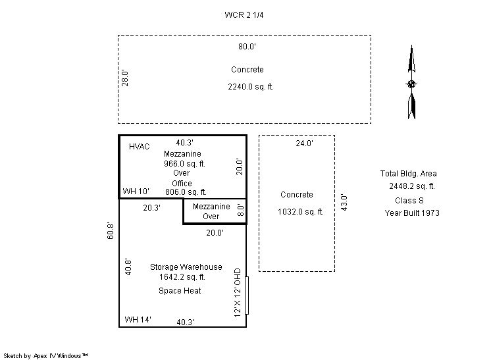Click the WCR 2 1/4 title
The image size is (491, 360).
pyautogui.click(x=244, y=15)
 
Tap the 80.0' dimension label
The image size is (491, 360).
pyautogui.click(x=247, y=47)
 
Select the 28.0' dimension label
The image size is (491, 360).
pyautogui.click(x=125, y=78)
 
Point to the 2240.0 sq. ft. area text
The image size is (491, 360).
pyautogui.click(x=251, y=87)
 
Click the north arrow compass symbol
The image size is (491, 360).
pyautogui.click(x=411, y=82)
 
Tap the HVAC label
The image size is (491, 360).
pyautogui.click(x=140, y=147)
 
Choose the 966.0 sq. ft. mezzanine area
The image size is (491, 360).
pyautogui.click(x=184, y=164)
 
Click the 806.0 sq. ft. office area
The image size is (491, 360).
pyautogui.click(x=186, y=192)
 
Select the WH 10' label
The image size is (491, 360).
pyautogui.click(x=136, y=192)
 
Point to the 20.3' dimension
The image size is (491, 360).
pyautogui.click(x=152, y=208)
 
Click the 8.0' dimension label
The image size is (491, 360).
pyautogui.click(x=240, y=210)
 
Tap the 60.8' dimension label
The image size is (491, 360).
pyautogui.click(x=111, y=231)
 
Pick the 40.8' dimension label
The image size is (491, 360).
pyautogui.click(x=128, y=267)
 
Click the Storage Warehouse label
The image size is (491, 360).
pyautogui.click(x=186, y=267)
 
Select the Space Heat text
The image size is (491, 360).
pyautogui.click(x=180, y=291)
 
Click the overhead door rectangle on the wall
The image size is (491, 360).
pyautogui.click(x=247, y=296)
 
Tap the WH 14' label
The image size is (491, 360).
pyautogui.click(x=138, y=320)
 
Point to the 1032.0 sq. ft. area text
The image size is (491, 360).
pyautogui.click(x=301, y=212)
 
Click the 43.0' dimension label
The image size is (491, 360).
pyautogui.click(x=344, y=203)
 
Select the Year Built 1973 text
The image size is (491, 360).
pyautogui.click(x=412, y=213)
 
